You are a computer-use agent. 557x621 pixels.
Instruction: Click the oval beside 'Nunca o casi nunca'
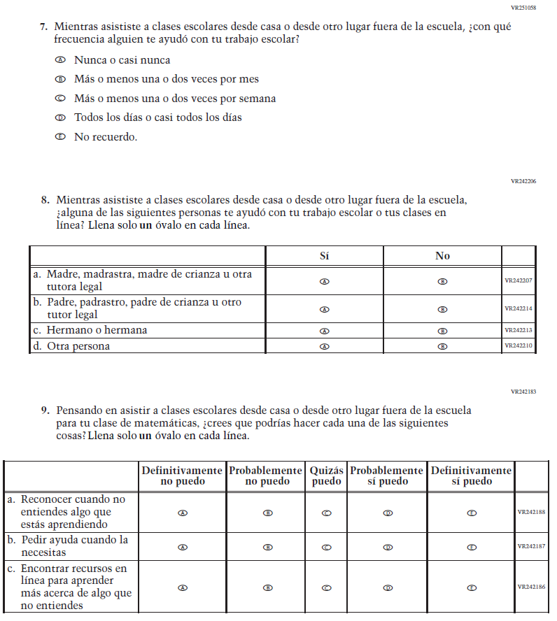[x=60, y=60]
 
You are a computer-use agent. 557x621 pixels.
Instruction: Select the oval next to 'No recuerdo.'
[x=60, y=137]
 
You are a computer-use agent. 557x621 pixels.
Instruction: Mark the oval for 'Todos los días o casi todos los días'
[x=60, y=117]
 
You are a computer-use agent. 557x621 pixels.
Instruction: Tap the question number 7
[x=43, y=27]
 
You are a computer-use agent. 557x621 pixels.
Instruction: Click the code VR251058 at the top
[x=524, y=8]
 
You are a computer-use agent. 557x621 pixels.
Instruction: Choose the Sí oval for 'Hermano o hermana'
[x=324, y=331]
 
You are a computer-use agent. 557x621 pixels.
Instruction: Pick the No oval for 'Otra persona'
[x=442, y=346]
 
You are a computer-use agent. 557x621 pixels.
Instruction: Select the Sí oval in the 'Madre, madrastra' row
[x=324, y=281]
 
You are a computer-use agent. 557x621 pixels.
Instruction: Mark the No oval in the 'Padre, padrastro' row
[x=442, y=309]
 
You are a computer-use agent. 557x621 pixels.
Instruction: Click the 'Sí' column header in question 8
[x=324, y=256]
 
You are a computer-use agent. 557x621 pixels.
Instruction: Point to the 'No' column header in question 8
[x=442, y=256]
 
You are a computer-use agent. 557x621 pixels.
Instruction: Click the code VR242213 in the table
[x=519, y=331]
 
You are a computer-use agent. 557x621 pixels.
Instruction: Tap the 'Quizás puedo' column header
[x=326, y=476]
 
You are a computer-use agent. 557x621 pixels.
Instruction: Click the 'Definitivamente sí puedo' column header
[x=471, y=476]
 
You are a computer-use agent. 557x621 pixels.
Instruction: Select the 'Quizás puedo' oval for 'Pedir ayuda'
[x=326, y=547]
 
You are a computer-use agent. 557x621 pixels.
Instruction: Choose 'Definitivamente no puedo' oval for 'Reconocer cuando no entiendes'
[x=183, y=513]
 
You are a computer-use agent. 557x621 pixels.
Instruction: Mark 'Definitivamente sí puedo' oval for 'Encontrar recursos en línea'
[x=471, y=587]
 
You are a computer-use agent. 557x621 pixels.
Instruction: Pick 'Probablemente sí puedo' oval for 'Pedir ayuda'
[x=387, y=547]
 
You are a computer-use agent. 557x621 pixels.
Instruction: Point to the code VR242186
[x=531, y=587]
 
